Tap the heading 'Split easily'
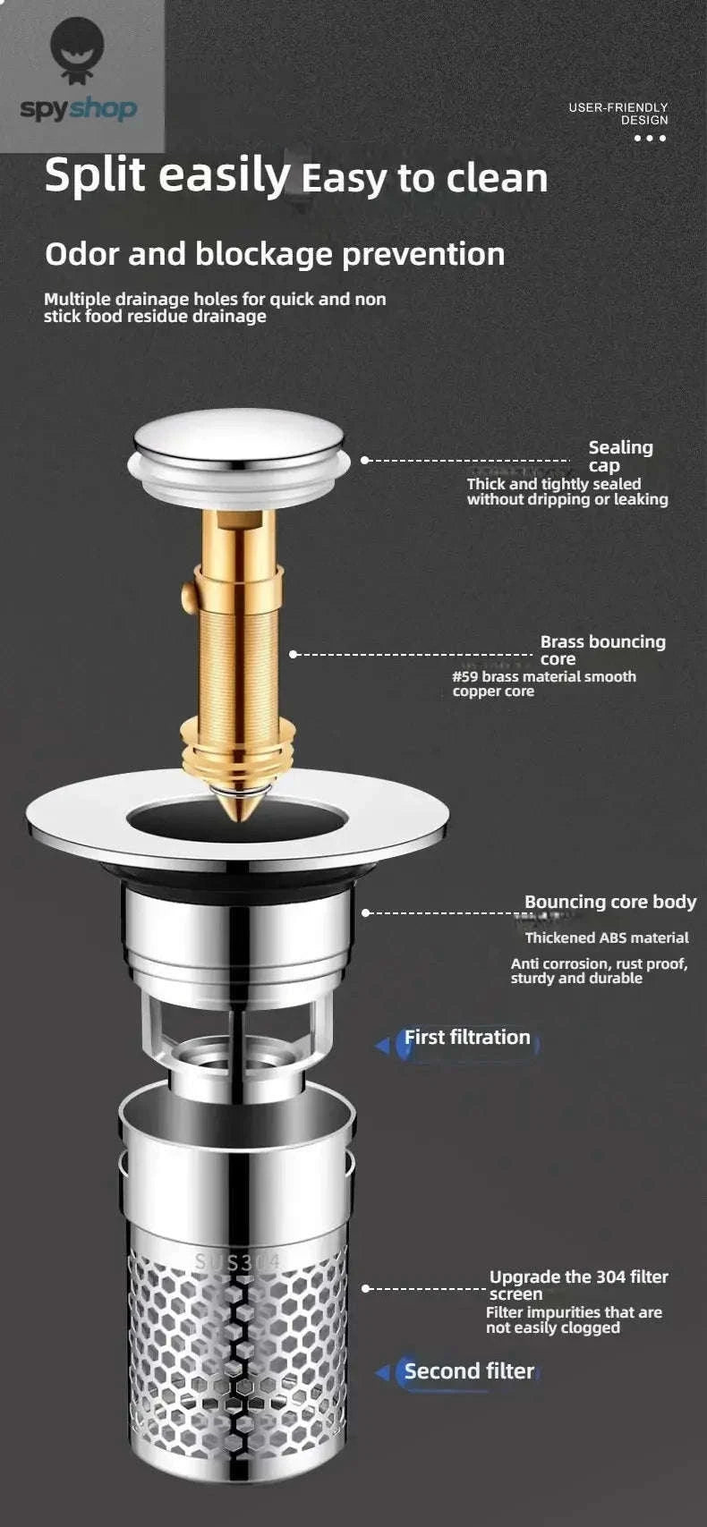tap(167, 174)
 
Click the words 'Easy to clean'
tap(424, 178)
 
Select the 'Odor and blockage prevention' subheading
tap(275, 254)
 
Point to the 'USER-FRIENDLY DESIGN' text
tap(618, 114)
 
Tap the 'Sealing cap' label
tap(619, 456)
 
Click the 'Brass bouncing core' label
tap(602, 649)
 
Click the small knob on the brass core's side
tap(188, 592)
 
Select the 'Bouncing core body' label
tap(609, 902)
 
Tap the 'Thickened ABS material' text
tap(607, 937)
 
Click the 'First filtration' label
tap(467, 1038)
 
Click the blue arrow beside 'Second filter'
tap(383, 1372)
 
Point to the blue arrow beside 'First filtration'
tap(383, 1045)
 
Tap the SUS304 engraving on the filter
tap(237, 1262)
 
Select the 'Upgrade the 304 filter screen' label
tap(577, 1285)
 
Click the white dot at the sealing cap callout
tap(364, 460)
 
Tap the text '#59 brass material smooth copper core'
tap(543, 683)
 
